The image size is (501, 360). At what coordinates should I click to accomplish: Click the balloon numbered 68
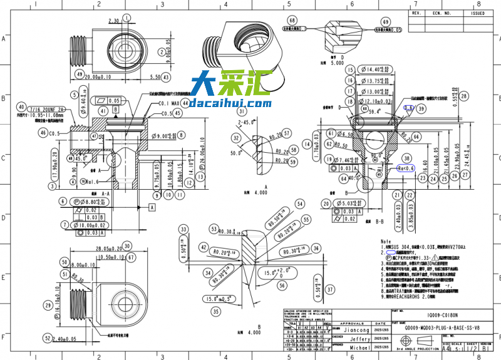(x=292, y=21)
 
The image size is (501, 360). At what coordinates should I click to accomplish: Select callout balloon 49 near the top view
(x=80, y=74)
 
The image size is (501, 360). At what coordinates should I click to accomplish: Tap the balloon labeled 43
(x=166, y=77)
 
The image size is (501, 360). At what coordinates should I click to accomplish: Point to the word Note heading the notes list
(x=386, y=241)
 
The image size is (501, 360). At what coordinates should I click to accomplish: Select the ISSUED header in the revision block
(x=478, y=13)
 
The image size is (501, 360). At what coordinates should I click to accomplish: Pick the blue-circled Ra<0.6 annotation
(x=406, y=168)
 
